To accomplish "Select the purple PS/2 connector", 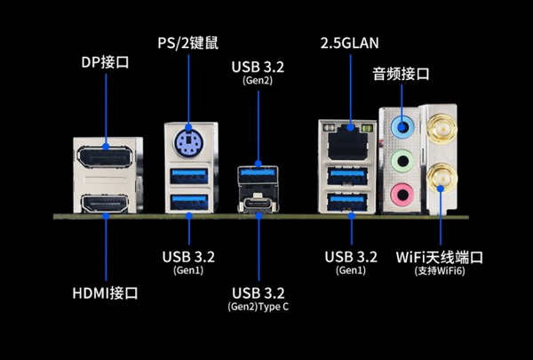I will [187, 141].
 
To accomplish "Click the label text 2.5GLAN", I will [348, 42].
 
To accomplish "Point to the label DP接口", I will [106, 61].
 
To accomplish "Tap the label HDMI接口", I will [105, 292].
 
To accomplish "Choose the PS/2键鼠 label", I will [188, 42].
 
